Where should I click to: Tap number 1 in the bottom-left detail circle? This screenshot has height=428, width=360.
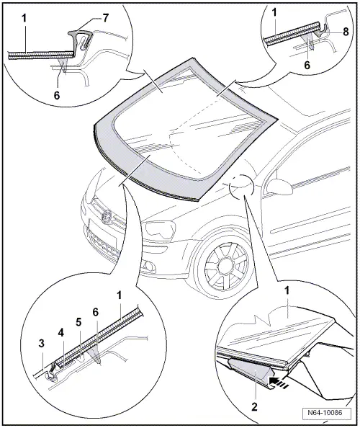coord(120,295)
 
